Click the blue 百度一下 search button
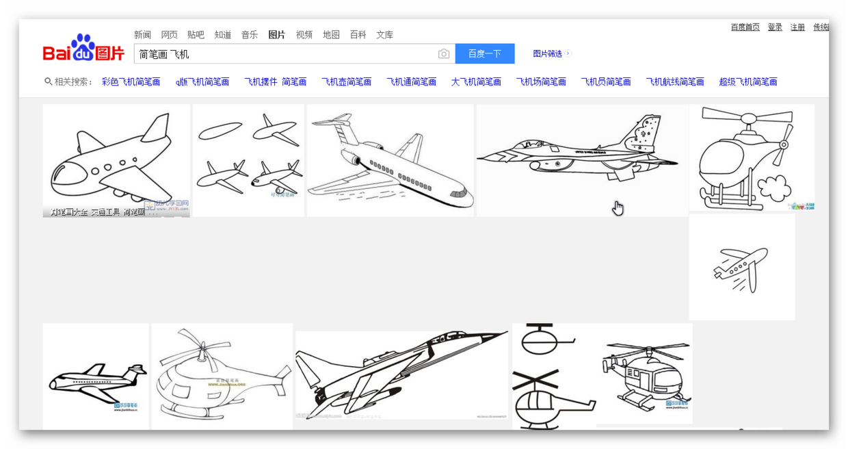tap(484, 53)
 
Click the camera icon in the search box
tap(444, 54)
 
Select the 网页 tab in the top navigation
tap(169, 35)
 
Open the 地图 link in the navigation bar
tap(331, 35)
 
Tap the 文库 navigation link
tap(384, 35)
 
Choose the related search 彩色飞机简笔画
tap(131, 81)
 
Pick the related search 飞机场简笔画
tap(540, 81)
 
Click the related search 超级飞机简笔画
tap(747, 81)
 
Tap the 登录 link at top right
tap(774, 27)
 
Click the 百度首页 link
tap(745, 27)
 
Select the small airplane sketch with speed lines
tap(741, 268)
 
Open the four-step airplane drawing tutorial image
tap(248, 160)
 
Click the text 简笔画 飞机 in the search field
tap(164, 54)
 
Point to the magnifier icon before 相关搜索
tap(48, 81)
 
